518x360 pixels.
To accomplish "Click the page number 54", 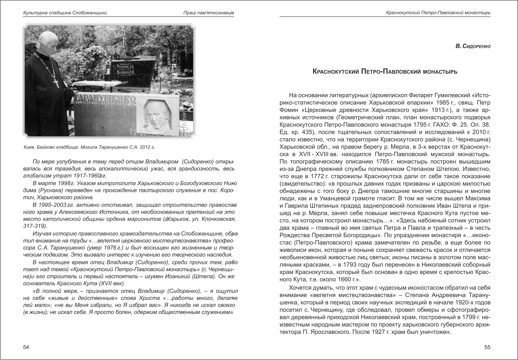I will [26, 346].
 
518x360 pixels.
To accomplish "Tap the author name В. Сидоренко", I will [473, 47].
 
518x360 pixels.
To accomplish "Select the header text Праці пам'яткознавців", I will [208, 13].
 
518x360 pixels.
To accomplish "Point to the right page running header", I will [438, 13].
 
